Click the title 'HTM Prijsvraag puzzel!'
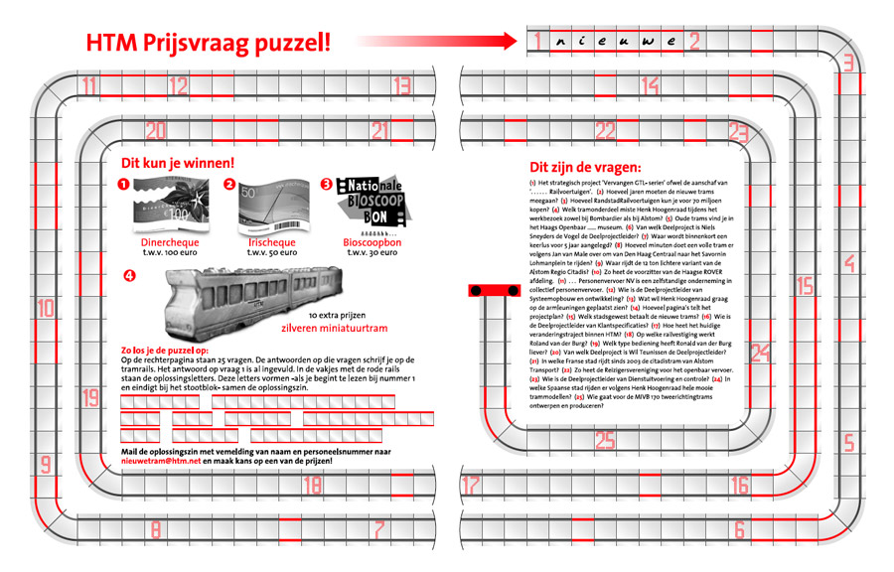[209, 43]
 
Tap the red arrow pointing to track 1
[437, 42]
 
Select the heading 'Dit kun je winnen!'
[178, 163]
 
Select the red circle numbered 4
[128, 276]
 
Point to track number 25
[604, 441]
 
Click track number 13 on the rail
[402, 85]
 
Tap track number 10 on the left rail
[46, 309]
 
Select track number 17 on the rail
[471, 486]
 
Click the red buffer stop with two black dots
[489, 289]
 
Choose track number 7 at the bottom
[378, 530]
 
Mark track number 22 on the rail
[605, 130]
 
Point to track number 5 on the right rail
[848, 443]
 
